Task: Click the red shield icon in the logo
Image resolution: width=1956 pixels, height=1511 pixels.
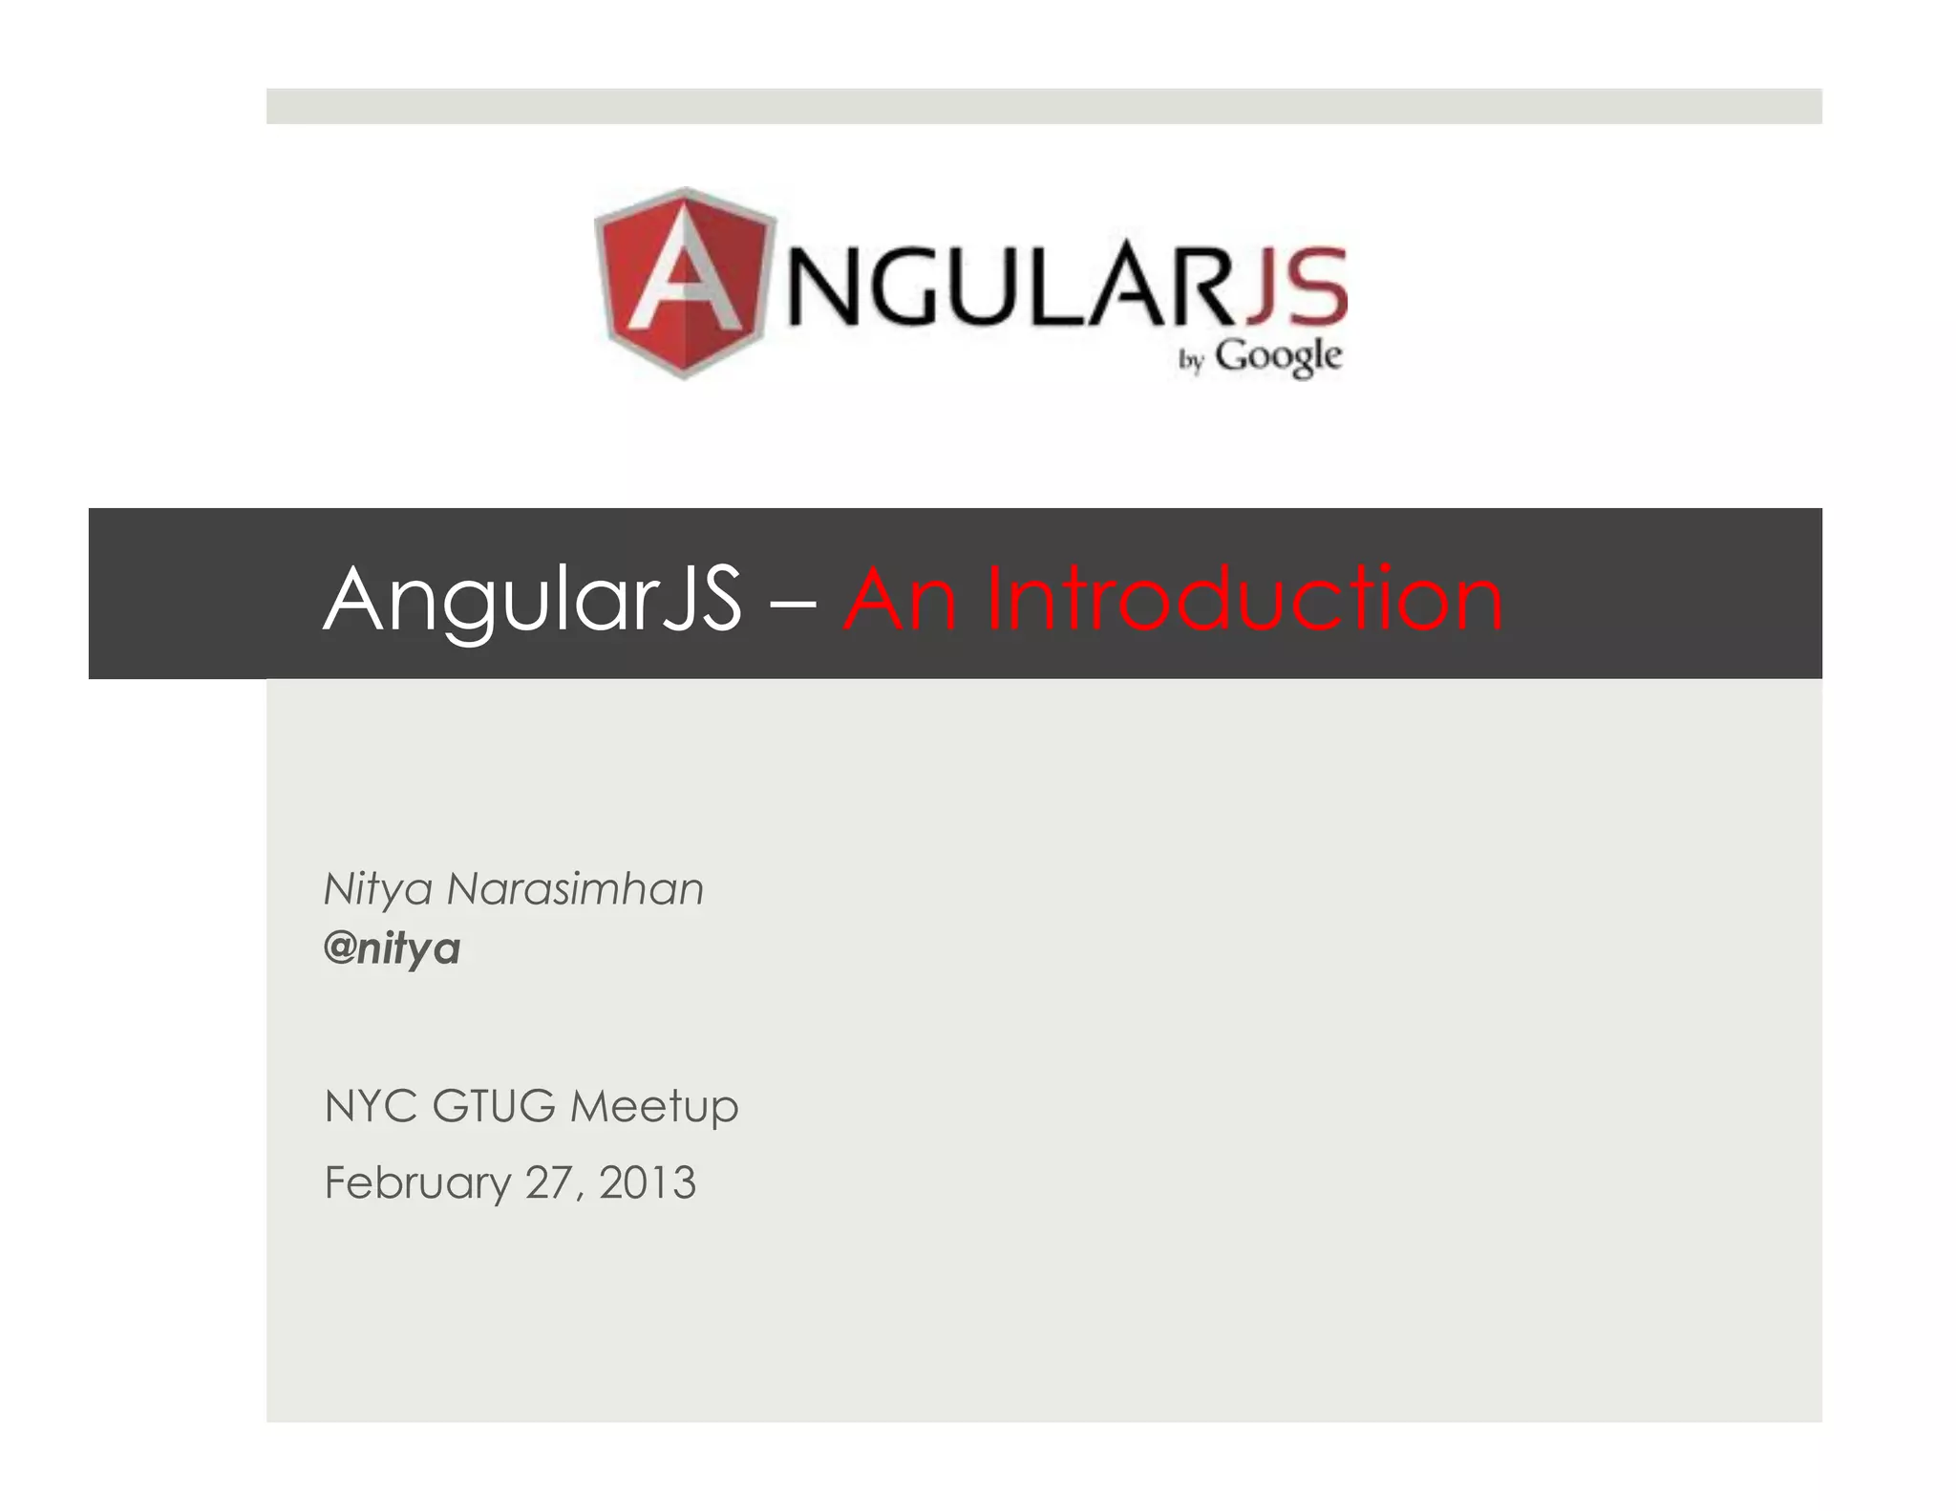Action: pyautogui.click(x=684, y=283)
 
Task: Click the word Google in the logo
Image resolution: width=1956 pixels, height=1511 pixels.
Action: pyautogui.click(x=1278, y=357)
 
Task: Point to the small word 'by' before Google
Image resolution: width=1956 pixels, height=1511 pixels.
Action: pyautogui.click(x=1190, y=360)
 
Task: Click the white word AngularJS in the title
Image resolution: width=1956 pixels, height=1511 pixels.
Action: pyautogui.click(x=532, y=599)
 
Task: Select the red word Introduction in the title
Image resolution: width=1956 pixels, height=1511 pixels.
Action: pyautogui.click(x=1244, y=599)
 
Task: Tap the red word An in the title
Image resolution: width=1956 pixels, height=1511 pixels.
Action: pyautogui.click(x=900, y=599)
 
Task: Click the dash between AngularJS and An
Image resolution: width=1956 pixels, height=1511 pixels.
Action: pyautogui.click(x=792, y=602)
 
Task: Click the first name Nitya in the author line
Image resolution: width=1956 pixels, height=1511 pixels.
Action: pyautogui.click(x=378, y=890)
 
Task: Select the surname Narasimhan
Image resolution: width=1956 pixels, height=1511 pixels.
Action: pyautogui.click(x=575, y=889)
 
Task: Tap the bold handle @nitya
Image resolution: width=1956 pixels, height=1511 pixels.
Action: pyautogui.click(x=392, y=948)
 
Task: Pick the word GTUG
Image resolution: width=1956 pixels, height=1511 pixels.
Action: pyautogui.click(x=493, y=1106)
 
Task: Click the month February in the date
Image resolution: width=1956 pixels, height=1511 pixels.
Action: pyautogui.click(x=417, y=1183)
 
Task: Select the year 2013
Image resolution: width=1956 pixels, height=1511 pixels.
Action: pyautogui.click(x=648, y=1182)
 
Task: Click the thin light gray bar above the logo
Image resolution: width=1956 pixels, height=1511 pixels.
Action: pyautogui.click(x=1043, y=106)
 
